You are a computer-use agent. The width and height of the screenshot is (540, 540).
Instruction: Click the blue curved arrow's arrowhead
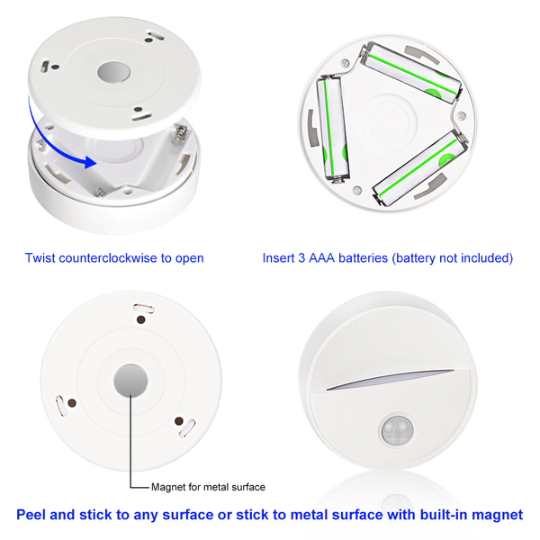click(x=91, y=162)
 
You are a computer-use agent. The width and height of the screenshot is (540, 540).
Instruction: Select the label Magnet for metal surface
click(x=208, y=487)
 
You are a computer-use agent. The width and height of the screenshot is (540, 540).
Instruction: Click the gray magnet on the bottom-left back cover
click(x=130, y=380)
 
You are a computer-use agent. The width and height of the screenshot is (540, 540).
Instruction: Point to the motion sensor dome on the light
click(x=398, y=430)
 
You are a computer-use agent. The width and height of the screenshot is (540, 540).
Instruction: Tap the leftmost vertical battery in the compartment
click(x=333, y=129)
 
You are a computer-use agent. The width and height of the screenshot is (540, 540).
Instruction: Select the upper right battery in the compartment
click(x=412, y=73)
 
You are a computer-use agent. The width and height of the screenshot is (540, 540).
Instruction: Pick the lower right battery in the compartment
click(x=420, y=167)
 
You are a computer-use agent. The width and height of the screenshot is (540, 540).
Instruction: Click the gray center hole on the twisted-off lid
click(x=113, y=72)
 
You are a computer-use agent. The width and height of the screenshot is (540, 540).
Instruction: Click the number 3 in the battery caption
click(x=301, y=258)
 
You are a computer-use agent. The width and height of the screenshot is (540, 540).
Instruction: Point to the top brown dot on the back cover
click(x=140, y=319)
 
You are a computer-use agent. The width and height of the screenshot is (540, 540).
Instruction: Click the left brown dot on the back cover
click(x=72, y=402)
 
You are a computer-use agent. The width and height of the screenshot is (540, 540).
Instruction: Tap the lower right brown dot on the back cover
click(x=179, y=421)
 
